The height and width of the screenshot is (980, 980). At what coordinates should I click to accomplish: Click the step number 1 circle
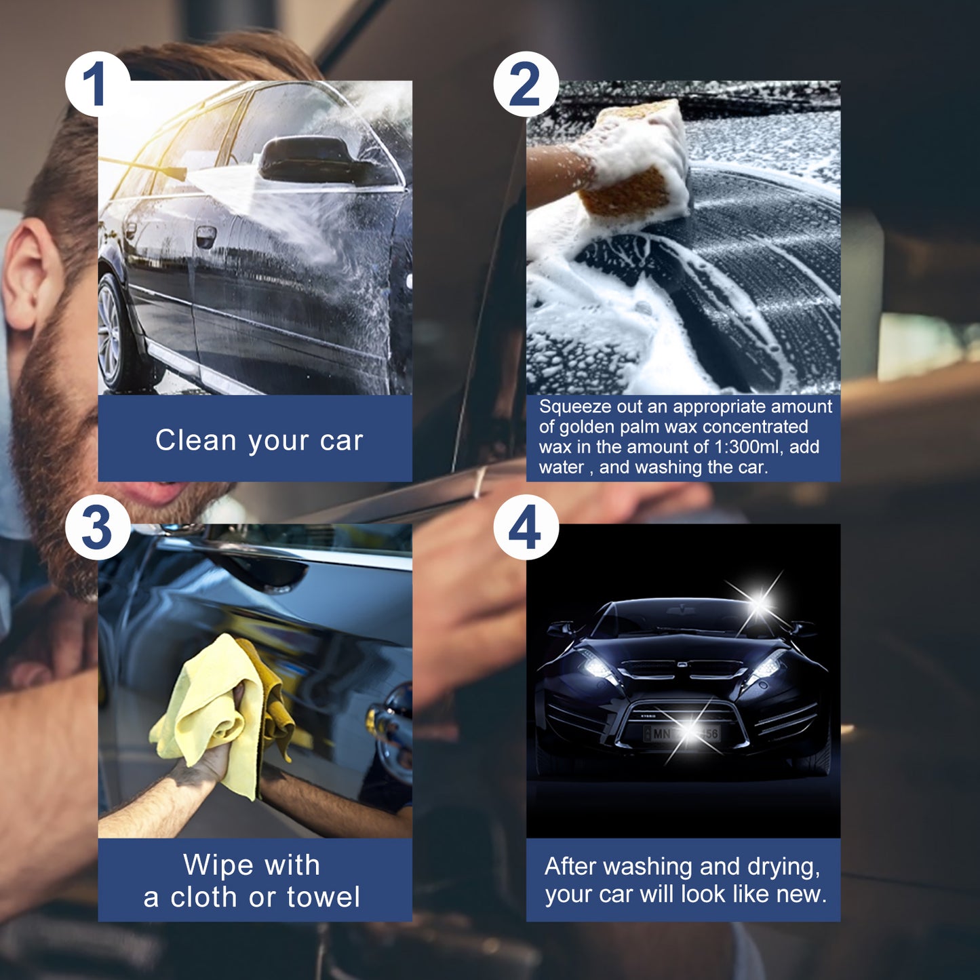[97, 84]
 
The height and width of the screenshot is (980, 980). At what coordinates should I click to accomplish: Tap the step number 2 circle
[526, 84]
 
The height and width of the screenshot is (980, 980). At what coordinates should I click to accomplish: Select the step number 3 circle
[97, 528]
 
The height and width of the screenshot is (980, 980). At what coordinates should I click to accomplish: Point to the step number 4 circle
[526, 528]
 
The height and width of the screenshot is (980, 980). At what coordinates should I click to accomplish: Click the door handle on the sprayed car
[205, 236]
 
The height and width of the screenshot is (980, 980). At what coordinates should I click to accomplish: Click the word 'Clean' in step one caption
[195, 440]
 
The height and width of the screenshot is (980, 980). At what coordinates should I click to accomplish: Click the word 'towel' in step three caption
[323, 897]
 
